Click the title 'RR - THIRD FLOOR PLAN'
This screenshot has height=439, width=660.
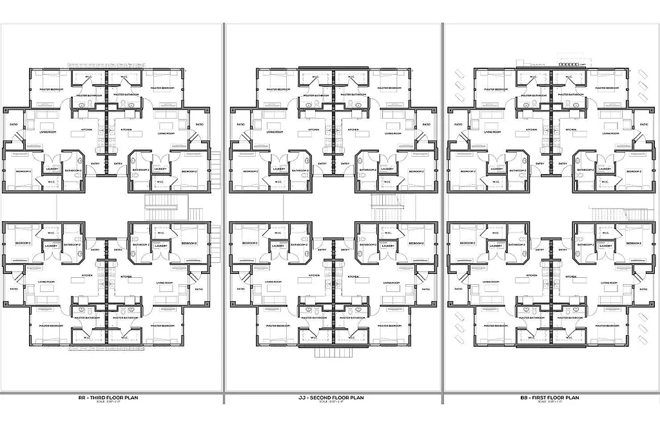click(x=107, y=398)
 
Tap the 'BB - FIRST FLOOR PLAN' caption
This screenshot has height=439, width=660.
click(x=550, y=398)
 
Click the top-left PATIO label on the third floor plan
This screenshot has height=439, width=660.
click(x=14, y=124)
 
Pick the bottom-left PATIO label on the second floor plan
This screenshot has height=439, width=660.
click(x=240, y=289)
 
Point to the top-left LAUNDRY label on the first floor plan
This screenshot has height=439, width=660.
click(x=496, y=170)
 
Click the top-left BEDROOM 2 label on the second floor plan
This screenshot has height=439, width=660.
click(x=250, y=171)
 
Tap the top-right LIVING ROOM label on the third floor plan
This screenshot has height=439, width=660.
click(x=166, y=133)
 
